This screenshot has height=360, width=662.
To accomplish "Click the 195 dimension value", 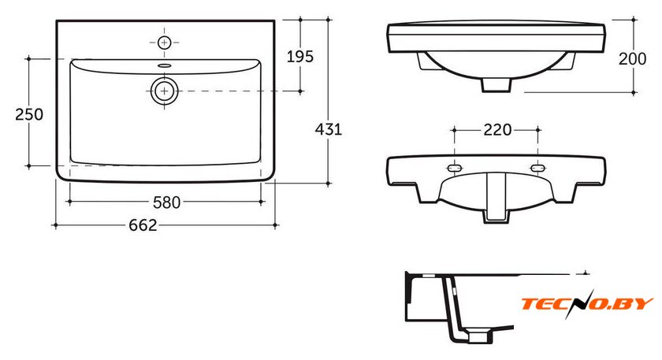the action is (300, 57).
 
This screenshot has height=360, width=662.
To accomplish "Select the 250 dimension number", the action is (29, 114).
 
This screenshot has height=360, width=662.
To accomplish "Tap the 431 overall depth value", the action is (329, 129).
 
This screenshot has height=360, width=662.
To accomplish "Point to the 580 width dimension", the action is (166, 202).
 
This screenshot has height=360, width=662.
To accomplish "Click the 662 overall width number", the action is (143, 225).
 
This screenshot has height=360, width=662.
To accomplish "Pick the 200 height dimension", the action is (632, 58).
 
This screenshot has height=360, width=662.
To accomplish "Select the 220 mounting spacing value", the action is (497, 129).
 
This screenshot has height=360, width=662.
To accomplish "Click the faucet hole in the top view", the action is (164, 43).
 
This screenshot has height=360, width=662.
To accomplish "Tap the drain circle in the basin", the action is (164, 91).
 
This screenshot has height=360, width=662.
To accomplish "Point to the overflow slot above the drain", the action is (164, 65).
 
